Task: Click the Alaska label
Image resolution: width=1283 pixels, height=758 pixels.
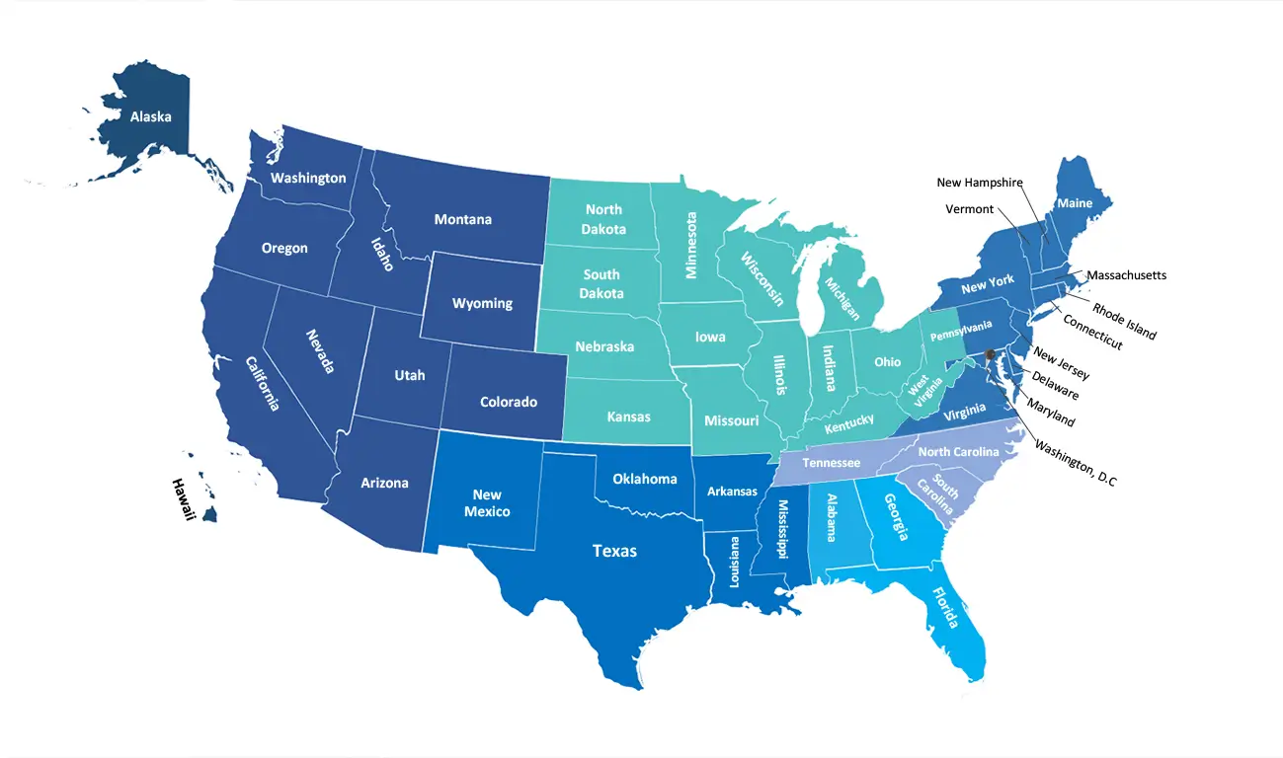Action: tap(150, 116)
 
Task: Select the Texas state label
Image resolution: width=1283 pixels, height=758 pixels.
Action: tap(613, 551)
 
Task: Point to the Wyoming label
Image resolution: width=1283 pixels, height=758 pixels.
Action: tap(482, 303)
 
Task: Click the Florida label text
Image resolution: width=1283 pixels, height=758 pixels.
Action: tap(945, 608)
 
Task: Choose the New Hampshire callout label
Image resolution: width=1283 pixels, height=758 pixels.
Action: tap(979, 183)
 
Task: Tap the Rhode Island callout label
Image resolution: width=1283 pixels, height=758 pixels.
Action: tap(1124, 319)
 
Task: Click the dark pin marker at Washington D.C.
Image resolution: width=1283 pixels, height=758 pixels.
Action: tap(991, 356)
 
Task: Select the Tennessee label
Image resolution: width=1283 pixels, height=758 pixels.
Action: tap(831, 463)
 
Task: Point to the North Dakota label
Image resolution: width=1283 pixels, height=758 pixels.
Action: tap(604, 219)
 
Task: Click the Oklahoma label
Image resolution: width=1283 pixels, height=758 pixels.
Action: tap(645, 479)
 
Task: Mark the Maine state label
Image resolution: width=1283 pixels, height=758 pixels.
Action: tap(1076, 203)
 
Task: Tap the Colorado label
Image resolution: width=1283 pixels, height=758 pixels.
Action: tap(508, 402)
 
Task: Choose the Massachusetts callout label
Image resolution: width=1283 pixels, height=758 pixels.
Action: tap(1126, 275)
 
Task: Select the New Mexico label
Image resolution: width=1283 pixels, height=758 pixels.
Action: tap(487, 503)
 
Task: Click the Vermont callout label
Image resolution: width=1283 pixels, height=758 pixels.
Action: tap(969, 209)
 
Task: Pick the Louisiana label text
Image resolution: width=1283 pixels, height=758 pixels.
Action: tap(734, 563)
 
